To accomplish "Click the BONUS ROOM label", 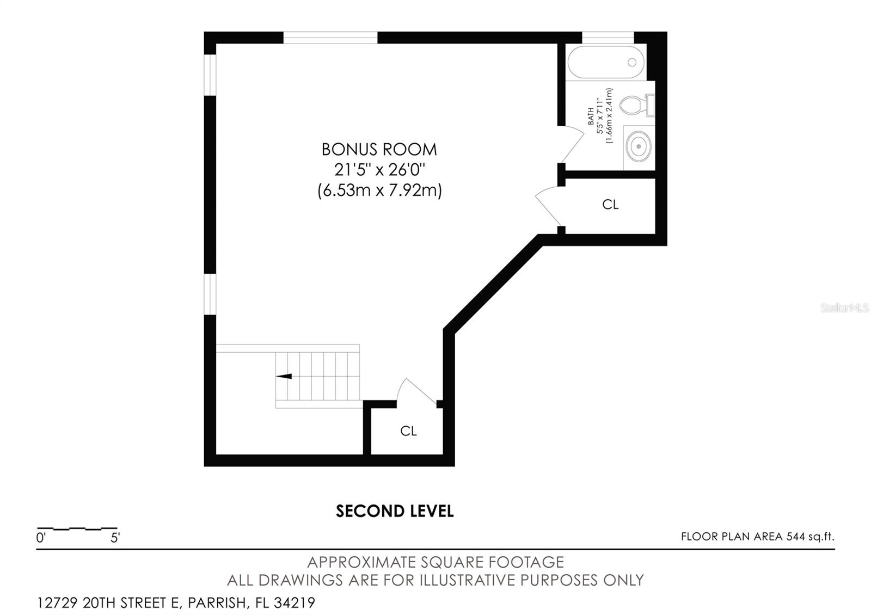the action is click(x=379, y=150).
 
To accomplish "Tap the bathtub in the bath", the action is click(x=606, y=63).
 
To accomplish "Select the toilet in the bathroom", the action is click(x=637, y=105).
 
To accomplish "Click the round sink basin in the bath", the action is click(x=639, y=146).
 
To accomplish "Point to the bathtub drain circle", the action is click(x=632, y=62).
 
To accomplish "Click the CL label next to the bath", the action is click(x=610, y=205).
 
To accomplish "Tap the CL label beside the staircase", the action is click(x=408, y=430).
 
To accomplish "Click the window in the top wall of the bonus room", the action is click(x=330, y=38).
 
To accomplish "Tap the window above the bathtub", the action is click(x=608, y=38).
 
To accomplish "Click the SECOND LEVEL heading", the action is click(x=395, y=511).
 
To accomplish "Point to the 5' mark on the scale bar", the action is click(x=115, y=538).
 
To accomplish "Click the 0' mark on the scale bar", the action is click(x=41, y=538).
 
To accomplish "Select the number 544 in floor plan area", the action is click(x=795, y=537).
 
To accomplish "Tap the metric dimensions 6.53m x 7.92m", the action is click(x=379, y=191).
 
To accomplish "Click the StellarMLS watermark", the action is click(x=844, y=308).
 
